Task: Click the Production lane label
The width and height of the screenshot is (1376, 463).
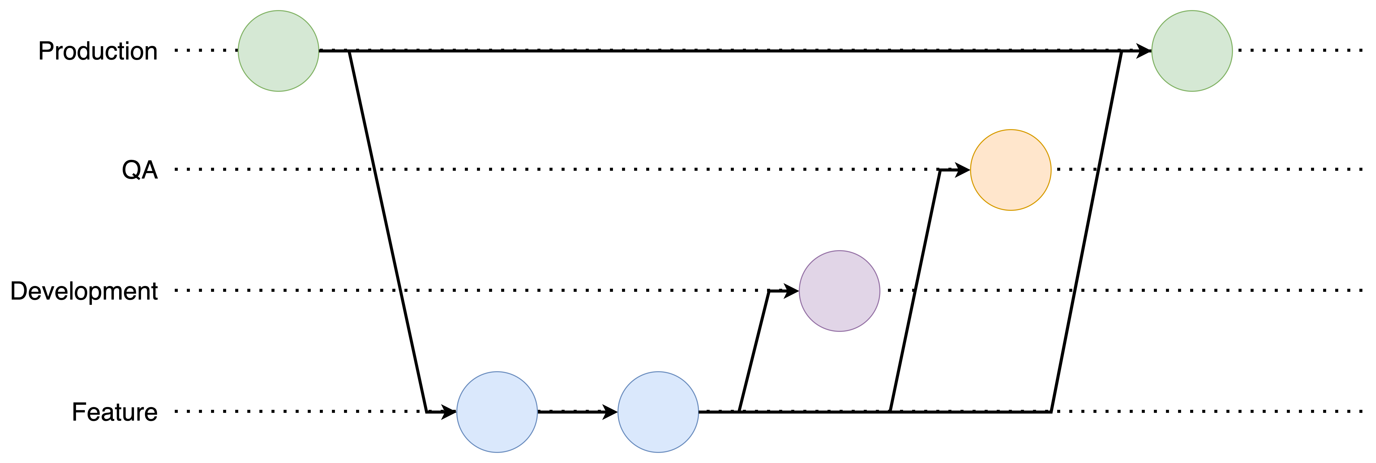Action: pos(98,51)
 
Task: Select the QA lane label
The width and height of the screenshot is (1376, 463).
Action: pos(140,170)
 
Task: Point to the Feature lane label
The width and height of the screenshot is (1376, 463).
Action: pos(115,412)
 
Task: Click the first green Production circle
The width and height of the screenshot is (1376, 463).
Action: pos(278,51)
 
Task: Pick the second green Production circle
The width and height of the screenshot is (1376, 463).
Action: pos(1192,51)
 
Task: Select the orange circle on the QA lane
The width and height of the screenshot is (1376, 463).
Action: pos(1011,170)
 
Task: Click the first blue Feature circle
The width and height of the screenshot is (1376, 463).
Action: pos(497,412)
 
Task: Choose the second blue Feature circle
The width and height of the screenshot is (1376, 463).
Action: pos(658,412)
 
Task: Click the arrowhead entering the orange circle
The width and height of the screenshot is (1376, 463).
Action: pos(962,170)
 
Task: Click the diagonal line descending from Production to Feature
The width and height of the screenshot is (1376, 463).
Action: pos(388,231)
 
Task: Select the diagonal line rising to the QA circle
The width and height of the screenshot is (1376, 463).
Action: pos(915,291)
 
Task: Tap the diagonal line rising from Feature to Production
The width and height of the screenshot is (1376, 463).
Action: pos(1086,231)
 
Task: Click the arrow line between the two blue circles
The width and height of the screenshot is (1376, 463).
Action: pos(572,412)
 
